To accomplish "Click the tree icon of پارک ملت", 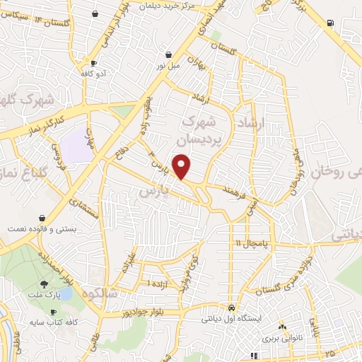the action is (45, 283).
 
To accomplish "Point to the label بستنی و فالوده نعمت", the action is (39, 229).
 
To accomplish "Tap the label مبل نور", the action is (168, 64).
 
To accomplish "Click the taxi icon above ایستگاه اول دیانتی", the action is (232, 308).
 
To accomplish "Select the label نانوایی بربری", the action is (283, 338).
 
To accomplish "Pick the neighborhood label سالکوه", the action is (100, 293).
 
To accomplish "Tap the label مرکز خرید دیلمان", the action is (168, 5).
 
